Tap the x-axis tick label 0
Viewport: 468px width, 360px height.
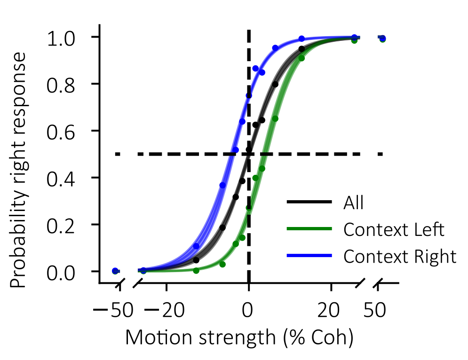click(249, 311)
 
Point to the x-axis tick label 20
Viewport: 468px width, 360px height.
click(331, 311)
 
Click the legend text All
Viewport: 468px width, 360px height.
click(354, 203)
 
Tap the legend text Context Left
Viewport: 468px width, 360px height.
click(394, 230)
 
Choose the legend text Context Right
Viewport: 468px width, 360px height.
click(400, 257)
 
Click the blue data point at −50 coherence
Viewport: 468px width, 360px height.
click(115, 271)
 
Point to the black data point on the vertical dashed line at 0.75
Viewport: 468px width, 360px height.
click(249, 95)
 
